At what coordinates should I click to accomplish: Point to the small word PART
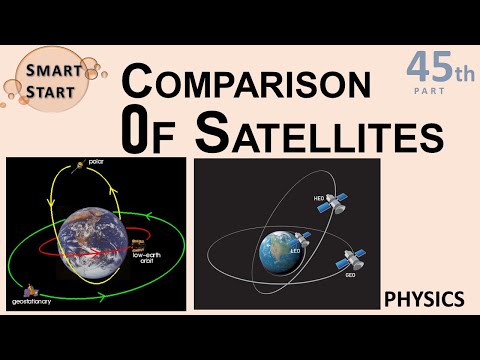click(x=434, y=92)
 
